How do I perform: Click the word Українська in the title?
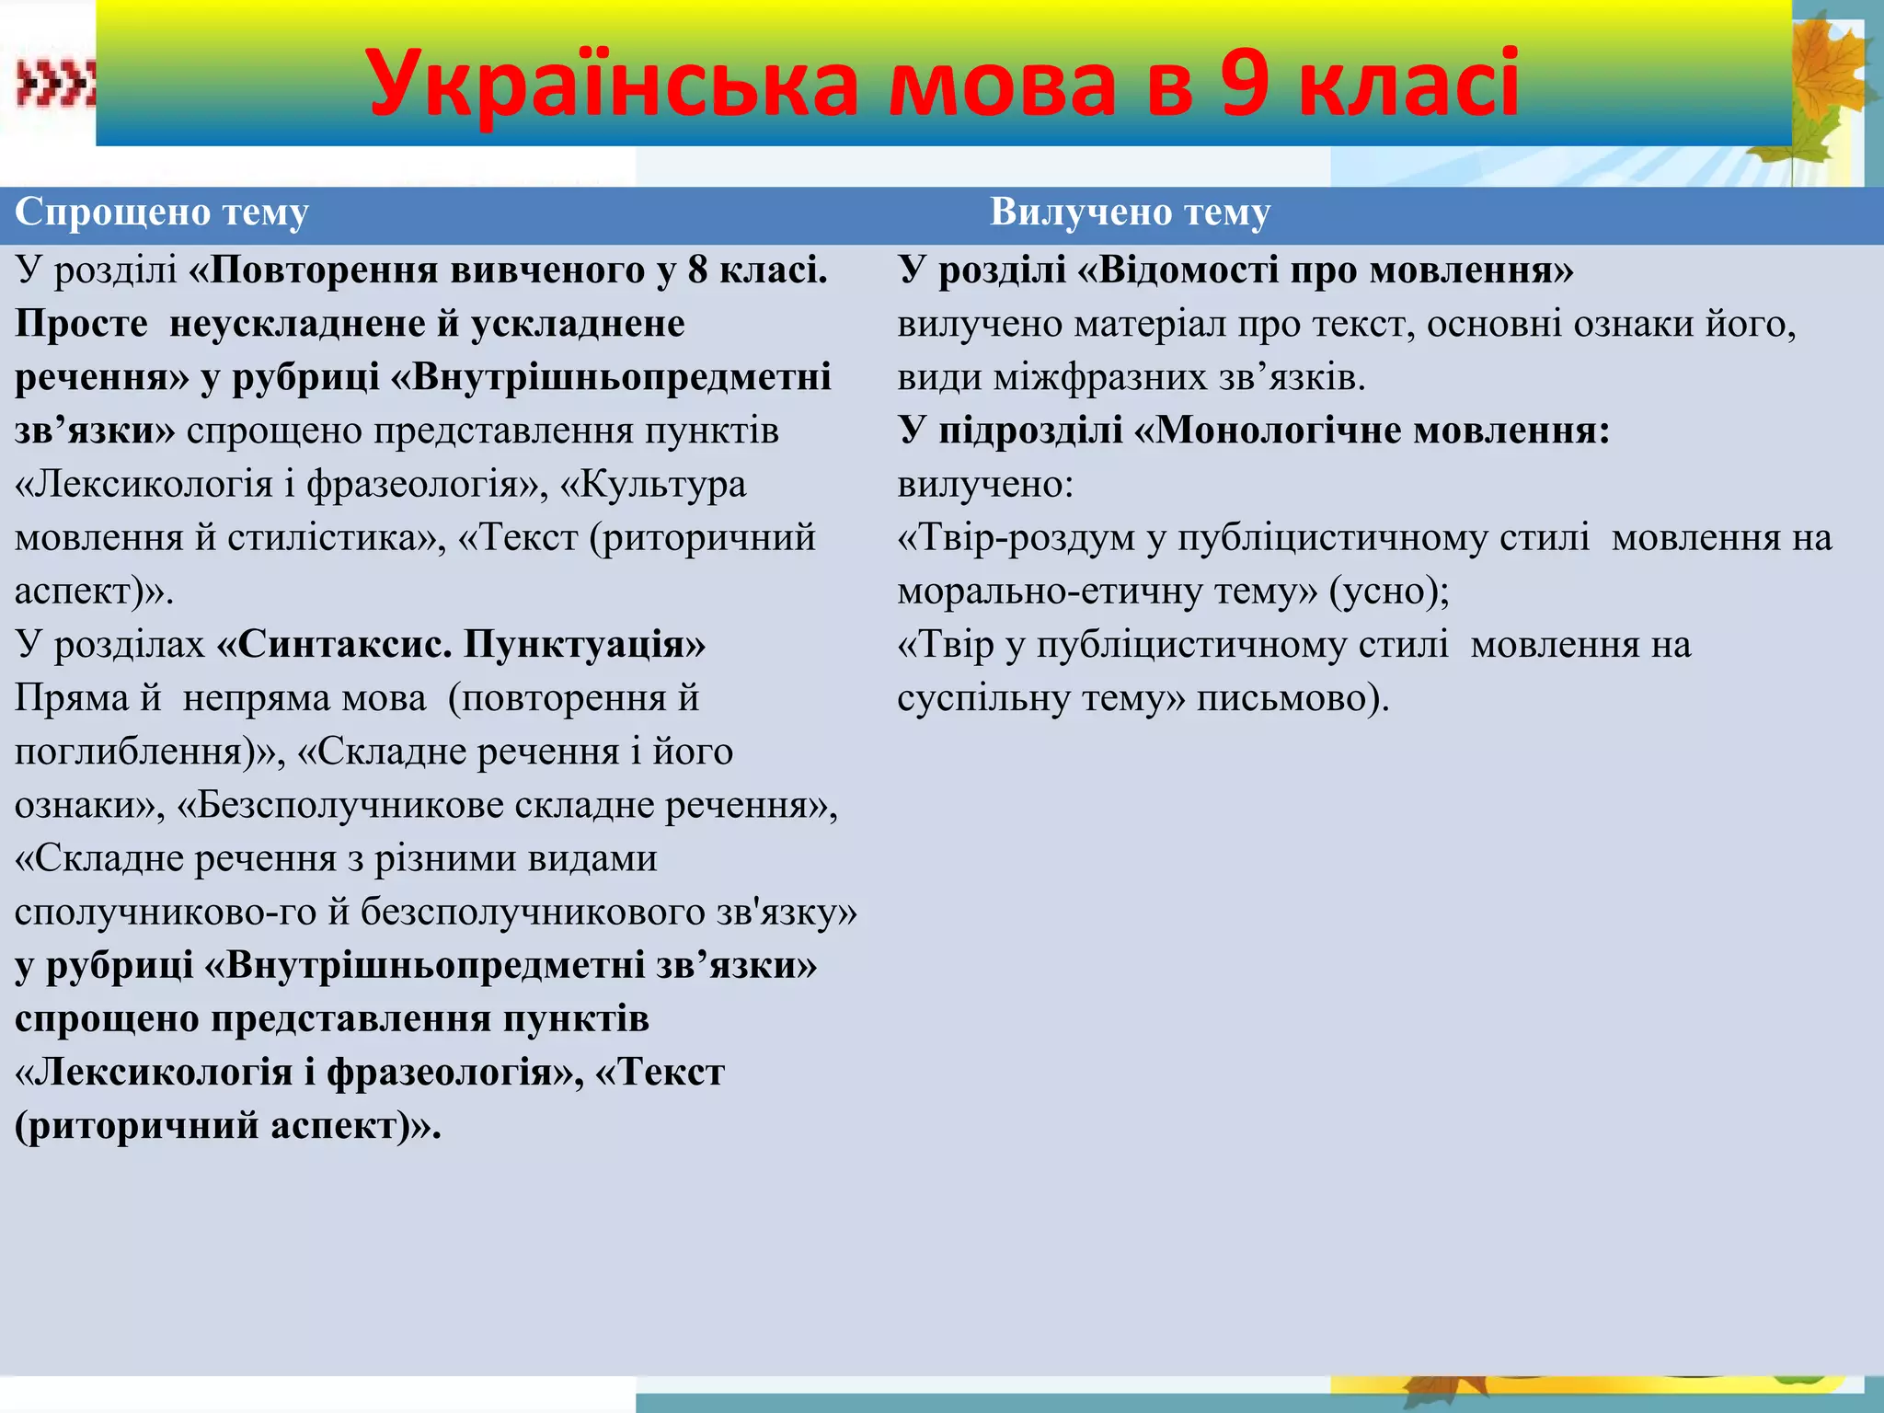coord(612,85)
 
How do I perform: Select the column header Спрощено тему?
coord(162,213)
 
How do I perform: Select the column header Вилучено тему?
coord(1130,213)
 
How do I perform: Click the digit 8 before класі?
coord(697,270)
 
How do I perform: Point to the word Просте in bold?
coord(81,324)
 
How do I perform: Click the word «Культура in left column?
coord(653,485)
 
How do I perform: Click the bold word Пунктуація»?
coord(585,645)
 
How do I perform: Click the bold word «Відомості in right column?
coord(1169,270)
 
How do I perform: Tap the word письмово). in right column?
coord(1292,699)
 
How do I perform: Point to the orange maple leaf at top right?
coord(1831,74)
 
